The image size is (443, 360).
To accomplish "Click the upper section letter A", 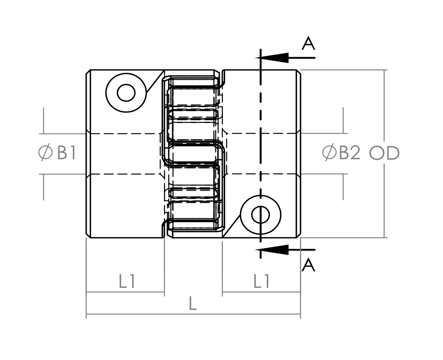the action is click(x=308, y=44).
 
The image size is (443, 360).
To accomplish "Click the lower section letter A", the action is click(x=308, y=265).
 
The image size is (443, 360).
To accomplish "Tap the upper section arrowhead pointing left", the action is click(x=272, y=58).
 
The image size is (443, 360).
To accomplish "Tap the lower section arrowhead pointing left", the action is click(x=272, y=250).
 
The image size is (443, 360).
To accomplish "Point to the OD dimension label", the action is click(x=384, y=153).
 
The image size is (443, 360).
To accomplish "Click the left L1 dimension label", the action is click(x=127, y=281).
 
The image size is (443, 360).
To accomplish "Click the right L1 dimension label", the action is click(x=261, y=281).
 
